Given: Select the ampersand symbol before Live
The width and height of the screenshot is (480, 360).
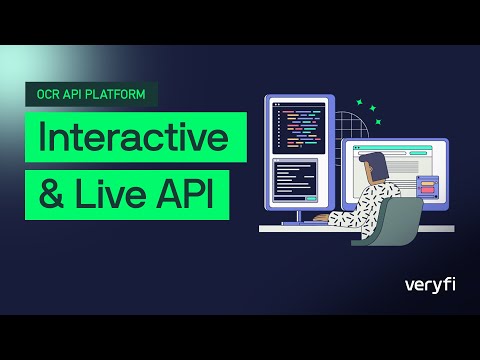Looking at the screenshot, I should [x=52, y=193].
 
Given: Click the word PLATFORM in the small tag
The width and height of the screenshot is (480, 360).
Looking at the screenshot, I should [x=121, y=95].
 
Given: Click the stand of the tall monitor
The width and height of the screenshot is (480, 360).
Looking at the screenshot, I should [x=295, y=216].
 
